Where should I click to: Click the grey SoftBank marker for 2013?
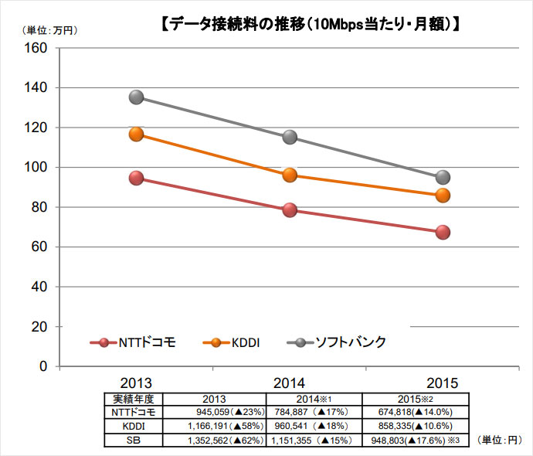click(x=136, y=97)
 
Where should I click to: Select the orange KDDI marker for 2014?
click(x=290, y=175)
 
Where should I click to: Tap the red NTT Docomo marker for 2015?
click(x=443, y=232)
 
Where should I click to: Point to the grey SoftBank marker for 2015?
click(x=443, y=177)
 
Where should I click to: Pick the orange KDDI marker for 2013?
click(x=136, y=134)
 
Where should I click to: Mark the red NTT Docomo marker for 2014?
click(x=290, y=210)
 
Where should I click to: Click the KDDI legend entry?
click(x=232, y=342)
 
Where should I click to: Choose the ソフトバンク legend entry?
click(x=337, y=342)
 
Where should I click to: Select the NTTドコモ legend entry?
click(x=133, y=342)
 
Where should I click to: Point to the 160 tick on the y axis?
click(x=36, y=48)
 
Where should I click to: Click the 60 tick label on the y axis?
click(x=39, y=247)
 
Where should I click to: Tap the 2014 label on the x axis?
click(x=289, y=383)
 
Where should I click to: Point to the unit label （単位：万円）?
click(x=50, y=31)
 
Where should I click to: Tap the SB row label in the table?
click(x=134, y=441)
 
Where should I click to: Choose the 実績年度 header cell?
click(x=134, y=399)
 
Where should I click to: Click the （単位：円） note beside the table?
click(x=500, y=440)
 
